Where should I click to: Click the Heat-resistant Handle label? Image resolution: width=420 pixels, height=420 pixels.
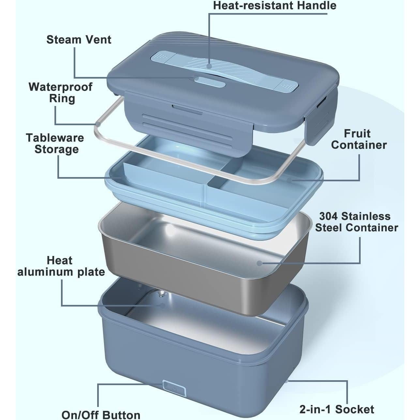click(x=274, y=6)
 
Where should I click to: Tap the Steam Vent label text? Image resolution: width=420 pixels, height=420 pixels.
click(x=79, y=39)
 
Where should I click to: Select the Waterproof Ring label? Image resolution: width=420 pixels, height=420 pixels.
click(x=61, y=93)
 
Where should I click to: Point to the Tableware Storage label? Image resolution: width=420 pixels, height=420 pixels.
click(x=55, y=143)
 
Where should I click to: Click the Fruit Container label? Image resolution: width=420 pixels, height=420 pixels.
click(x=358, y=139)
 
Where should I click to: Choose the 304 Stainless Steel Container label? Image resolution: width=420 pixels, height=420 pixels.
click(x=356, y=222)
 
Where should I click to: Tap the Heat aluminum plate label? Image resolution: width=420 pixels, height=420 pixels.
click(x=61, y=266)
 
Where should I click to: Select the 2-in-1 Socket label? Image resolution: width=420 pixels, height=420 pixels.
click(x=337, y=409)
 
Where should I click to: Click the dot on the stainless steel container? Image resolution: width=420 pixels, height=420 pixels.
click(x=259, y=263)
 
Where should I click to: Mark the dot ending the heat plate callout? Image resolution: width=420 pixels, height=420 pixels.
click(x=162, y=305)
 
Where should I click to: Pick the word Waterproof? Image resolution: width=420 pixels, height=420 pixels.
click(x=61, y=87)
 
